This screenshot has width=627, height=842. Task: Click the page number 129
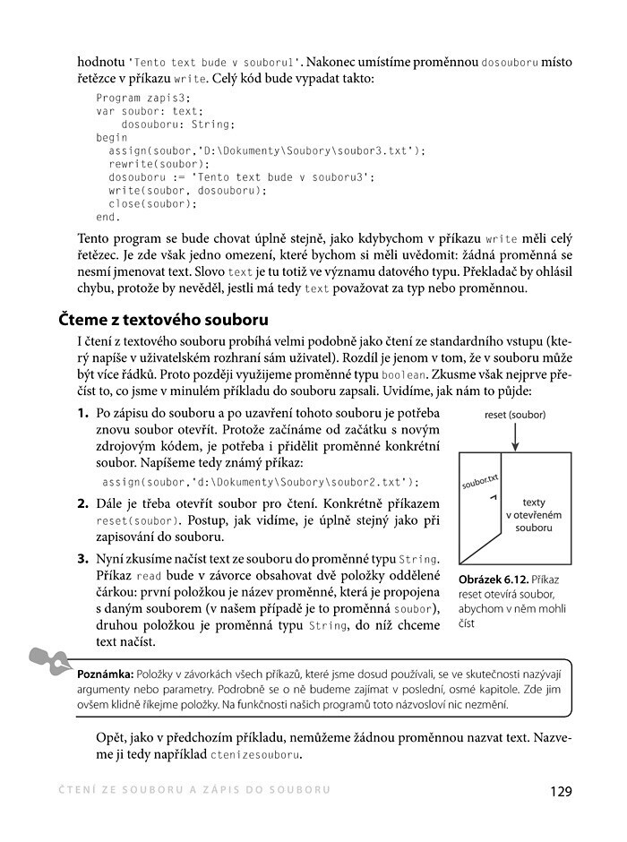560,792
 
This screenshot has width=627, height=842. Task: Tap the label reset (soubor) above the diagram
514,415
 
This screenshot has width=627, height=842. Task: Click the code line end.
107,218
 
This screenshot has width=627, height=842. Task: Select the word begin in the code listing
112,139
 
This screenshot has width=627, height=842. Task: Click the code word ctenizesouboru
255,755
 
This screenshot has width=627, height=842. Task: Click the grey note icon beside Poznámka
49,661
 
